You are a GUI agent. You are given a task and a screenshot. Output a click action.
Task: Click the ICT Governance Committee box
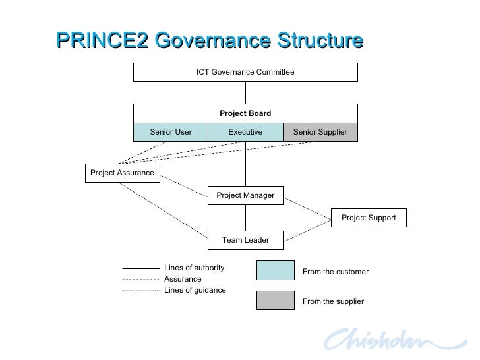tap(245, 72)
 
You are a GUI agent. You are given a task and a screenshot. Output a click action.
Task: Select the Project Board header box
tap(245, 113)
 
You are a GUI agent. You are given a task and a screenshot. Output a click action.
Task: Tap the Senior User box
tap(171, 132)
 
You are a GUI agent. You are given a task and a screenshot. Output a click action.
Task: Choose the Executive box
tap(245, 132)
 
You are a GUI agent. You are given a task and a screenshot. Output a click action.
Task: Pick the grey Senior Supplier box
tap(320, 132)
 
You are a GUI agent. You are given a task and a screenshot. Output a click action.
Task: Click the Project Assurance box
tap(122, 173)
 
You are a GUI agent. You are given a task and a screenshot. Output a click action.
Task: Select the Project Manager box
tap(245, 195)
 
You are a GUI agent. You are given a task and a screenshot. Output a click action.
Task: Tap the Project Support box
tap(369, 218)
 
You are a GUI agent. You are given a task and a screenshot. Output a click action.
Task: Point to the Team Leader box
tap(245, 240)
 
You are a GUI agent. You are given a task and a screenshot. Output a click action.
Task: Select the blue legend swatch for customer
tap(275, 271)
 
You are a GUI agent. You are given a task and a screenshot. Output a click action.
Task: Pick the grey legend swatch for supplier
tap(275, 300)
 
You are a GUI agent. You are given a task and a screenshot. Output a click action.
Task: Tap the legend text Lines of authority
tap(194, 268)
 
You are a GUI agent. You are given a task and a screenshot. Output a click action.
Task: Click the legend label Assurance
tap(183, 279)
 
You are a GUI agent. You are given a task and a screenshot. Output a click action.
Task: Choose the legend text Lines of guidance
tap(195, 290)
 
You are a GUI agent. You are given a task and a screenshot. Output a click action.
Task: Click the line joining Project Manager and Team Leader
tap(245, 218)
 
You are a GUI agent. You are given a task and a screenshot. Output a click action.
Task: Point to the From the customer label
tap(335, 272)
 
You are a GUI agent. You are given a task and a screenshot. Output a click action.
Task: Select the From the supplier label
tap(332, 301)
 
